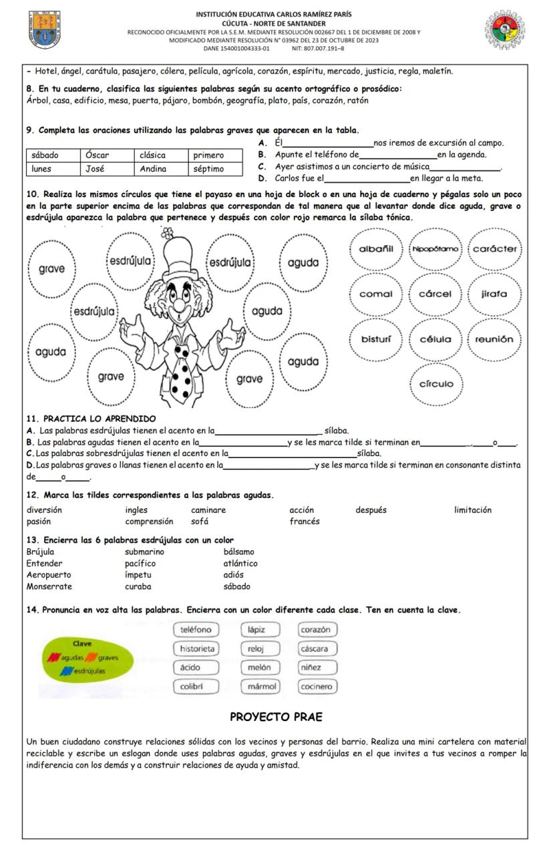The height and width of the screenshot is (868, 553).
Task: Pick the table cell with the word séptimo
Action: pos(208,169)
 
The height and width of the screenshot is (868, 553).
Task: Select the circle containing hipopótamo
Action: pos(435,249)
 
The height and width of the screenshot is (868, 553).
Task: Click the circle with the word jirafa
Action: pos(494,294)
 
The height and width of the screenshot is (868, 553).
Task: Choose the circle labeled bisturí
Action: pos(375,339)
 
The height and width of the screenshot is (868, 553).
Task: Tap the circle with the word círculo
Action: pos(435,384)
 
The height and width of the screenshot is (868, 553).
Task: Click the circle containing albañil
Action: pos(376,249)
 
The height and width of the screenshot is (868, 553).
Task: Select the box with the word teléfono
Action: pos(196,630)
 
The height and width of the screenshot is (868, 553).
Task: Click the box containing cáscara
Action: pos(315,648)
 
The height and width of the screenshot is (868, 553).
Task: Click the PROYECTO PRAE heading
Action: pos(276,717)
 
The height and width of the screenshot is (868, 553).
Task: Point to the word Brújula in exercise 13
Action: pos(40,552)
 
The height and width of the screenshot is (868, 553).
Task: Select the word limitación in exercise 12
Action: pos(472,510)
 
